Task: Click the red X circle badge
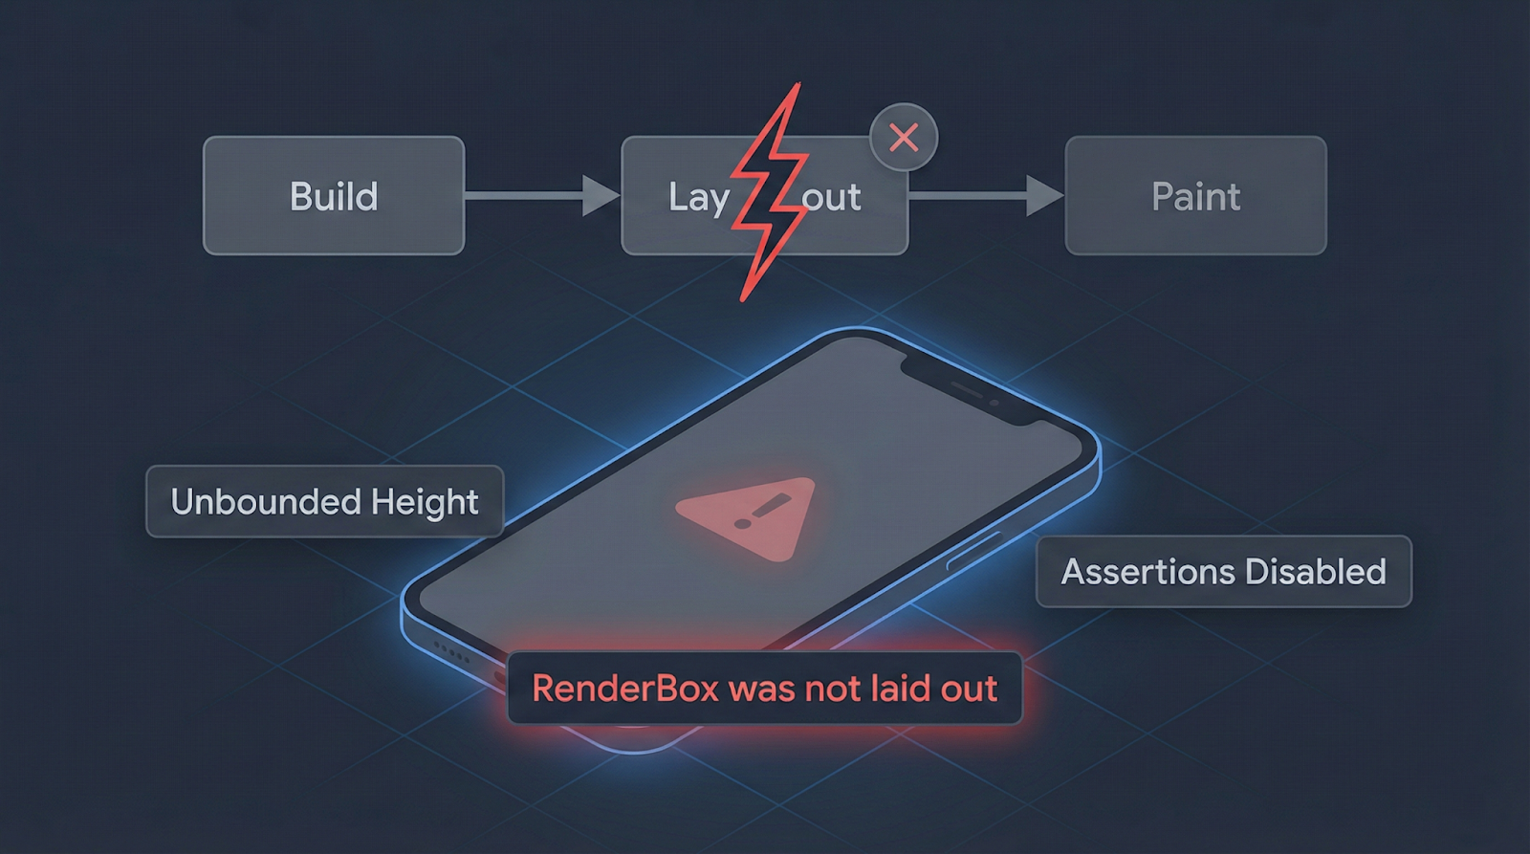pos(904,138)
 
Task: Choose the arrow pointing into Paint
pos(985,196)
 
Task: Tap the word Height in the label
pos(425,502)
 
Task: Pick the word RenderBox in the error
pos(624,689)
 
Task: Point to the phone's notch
pos(966,387)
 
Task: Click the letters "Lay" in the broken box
pos(698,198)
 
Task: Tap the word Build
pos(334,197)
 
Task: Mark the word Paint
pos(1195,197)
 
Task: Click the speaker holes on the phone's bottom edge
pos(451,653)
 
